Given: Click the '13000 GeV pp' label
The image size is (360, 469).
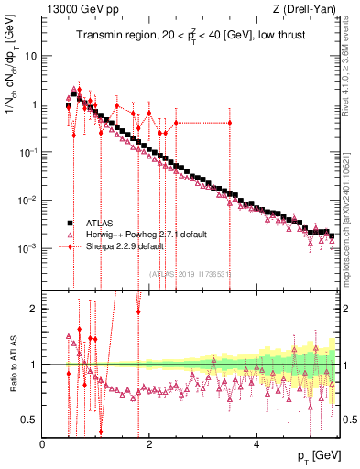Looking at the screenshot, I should pyautogui.click(x=80, y=9).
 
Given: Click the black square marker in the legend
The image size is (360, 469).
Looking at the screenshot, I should pyautogui.click(x=70, y=223).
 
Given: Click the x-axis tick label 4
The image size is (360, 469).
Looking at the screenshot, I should pyautogui.click(x=256, y=444).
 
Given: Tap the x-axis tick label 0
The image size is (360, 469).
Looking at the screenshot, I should pyautogui.click(x=43, y=444).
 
